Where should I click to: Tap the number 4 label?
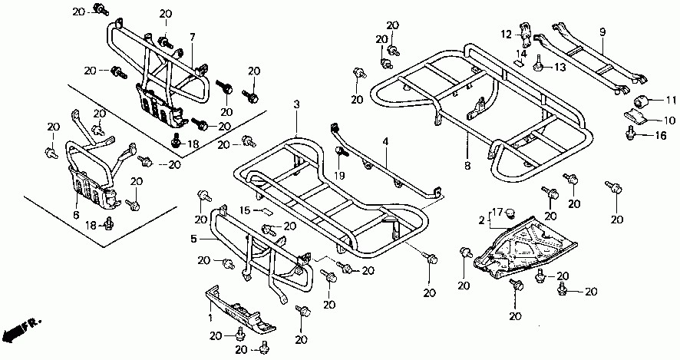pyautogui.click(x=386, y=142)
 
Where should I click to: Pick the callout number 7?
pyautogui.click(x=193, y=37)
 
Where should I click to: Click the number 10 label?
pyautogui.click(x=669, y=121)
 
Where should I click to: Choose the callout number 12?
pyautogui.click(x=507, y=34)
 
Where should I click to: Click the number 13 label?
pyautogui.click(x=560, y=68)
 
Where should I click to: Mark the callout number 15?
pyautogui.click(x=245, y=210)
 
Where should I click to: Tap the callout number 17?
pyautogui.click(x=497, y=212)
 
